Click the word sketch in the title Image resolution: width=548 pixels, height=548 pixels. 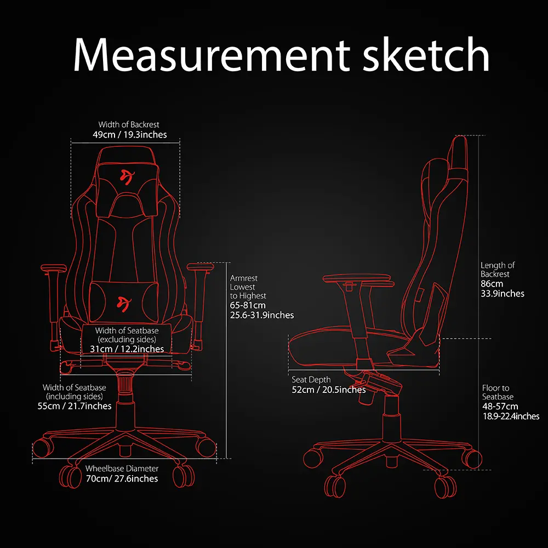click(426, 54)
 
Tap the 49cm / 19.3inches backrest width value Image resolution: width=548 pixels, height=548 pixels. click(130, 135)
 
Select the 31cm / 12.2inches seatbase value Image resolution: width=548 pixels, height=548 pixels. click(127, 349)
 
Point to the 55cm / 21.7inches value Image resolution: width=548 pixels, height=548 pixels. click(75, 406)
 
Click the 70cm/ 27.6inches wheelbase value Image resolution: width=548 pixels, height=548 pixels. click(122, 478)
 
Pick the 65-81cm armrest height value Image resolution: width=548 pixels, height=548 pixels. click(248, 305)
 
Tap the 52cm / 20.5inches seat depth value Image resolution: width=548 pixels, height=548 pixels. click(329, 390)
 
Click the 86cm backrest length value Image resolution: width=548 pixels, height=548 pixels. click(492, 283)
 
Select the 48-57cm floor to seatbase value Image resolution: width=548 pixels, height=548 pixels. click(500, 406)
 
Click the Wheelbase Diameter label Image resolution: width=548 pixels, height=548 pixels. click(122, 469)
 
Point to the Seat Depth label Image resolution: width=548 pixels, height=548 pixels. click(311, 380)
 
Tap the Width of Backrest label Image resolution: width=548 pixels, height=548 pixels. click(129, 124)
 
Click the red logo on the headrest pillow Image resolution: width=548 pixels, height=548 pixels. click(126, 176)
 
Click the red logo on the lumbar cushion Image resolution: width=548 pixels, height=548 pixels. click(124, 302)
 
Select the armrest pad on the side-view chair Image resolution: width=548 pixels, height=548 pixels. click(357, 279)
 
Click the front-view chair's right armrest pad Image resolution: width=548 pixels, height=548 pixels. click(200, 267)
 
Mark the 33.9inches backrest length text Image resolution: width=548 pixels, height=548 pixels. click(503, 293)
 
